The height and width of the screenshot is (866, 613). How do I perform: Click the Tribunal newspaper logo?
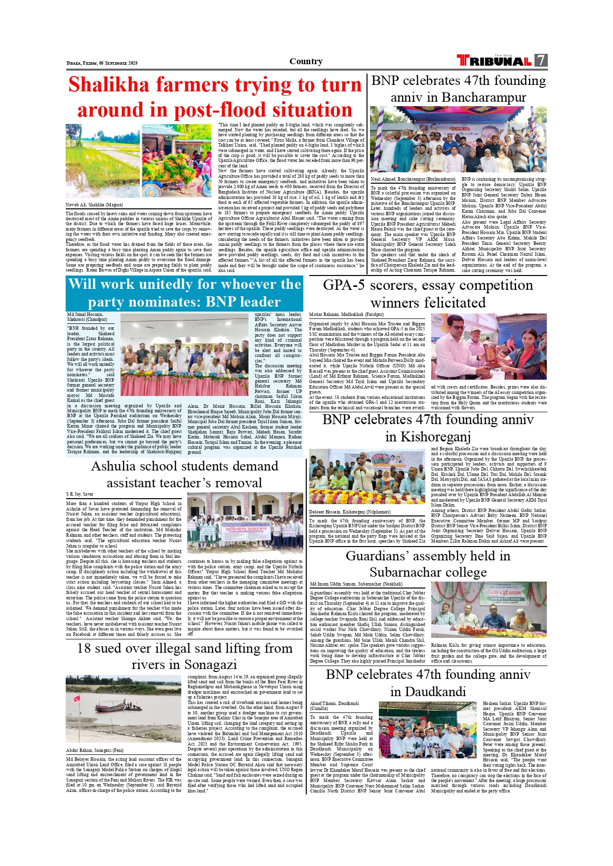494,61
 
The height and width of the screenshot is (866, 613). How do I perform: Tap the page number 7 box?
541,60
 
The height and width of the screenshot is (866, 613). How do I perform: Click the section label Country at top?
306,61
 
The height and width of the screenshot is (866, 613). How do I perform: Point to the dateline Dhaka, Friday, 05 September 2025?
102,63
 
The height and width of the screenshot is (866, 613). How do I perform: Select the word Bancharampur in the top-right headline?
484,97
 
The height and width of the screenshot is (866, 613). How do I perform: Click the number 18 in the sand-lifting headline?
84,648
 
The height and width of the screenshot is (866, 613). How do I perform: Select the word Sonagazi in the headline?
210,665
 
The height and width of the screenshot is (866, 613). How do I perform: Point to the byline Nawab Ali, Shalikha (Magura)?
94,205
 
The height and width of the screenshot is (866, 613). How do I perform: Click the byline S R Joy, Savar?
80,494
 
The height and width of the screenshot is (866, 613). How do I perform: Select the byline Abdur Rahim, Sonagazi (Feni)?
94,750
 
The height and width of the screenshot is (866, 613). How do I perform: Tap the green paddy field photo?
102,160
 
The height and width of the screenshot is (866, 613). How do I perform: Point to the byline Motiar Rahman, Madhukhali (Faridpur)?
346,314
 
